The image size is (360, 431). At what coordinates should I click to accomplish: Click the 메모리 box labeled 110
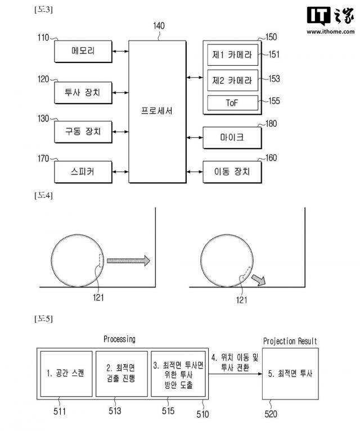click(x=83, y=52)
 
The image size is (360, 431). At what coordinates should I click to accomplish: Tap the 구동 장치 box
click(x=83, y=132)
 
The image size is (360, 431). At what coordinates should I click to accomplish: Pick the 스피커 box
click(x=83, y=170)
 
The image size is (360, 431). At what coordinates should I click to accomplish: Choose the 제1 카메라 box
click(x=232, y=55)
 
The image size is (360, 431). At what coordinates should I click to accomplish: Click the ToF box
click(x=232, y=102)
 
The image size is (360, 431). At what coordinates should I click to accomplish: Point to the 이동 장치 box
click(x=232, y=170)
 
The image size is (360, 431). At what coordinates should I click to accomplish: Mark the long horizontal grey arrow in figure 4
click(x=128, y=261)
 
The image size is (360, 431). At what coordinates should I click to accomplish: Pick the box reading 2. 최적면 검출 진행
click(x=121, y=373)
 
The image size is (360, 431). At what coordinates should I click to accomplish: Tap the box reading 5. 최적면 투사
click(x=290, y=373)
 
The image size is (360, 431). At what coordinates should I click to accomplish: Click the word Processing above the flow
click(x=119, y=339)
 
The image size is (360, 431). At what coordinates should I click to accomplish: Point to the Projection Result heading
click(x=290, y=341)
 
